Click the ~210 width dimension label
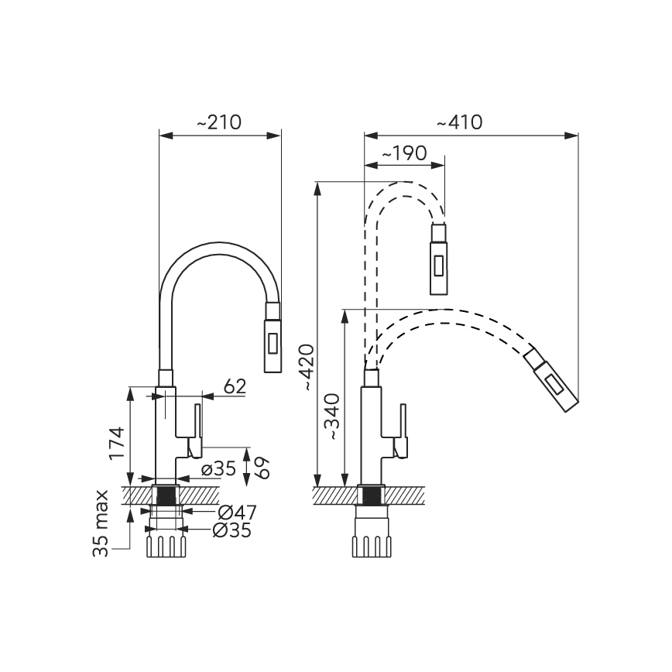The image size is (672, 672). coord(218,122)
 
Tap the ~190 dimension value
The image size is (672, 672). coord(404,153)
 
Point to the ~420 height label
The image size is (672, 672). coord(307,365)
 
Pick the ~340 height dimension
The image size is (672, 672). coord(333,417)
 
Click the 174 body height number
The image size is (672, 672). coord(116,444)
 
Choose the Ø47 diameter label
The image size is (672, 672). coord(237,512)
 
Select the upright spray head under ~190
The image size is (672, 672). coord(438,259)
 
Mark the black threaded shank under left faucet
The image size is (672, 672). coord(164,496)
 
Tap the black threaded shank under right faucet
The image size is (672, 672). coord(371,495)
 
